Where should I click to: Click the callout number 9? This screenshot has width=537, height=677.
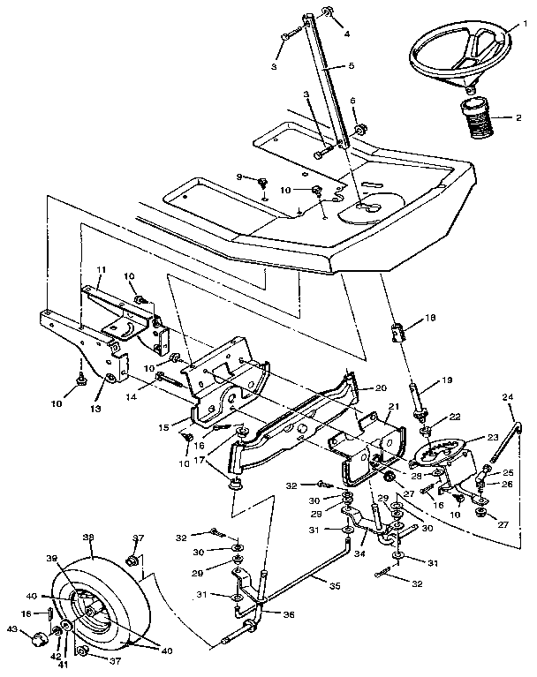[238, 177]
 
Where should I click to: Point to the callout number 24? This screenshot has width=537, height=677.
[508, 397]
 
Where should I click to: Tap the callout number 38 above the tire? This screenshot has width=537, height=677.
[88, 537]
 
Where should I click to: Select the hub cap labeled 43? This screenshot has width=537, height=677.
[38, 639]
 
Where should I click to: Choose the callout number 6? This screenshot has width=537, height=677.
[352, 102]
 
